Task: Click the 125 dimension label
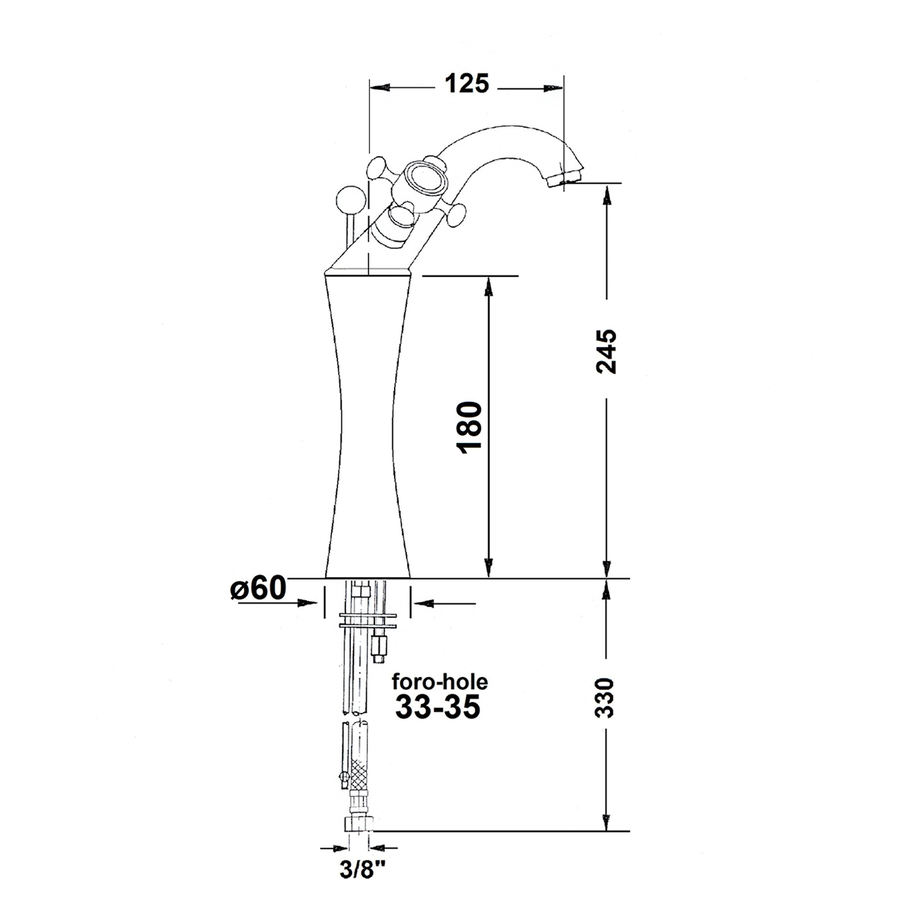click(x=467, y=84)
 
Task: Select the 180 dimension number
click(x=470, y=428)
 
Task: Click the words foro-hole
click(x=440, y=683)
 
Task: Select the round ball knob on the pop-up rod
click(x=351, y=200)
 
